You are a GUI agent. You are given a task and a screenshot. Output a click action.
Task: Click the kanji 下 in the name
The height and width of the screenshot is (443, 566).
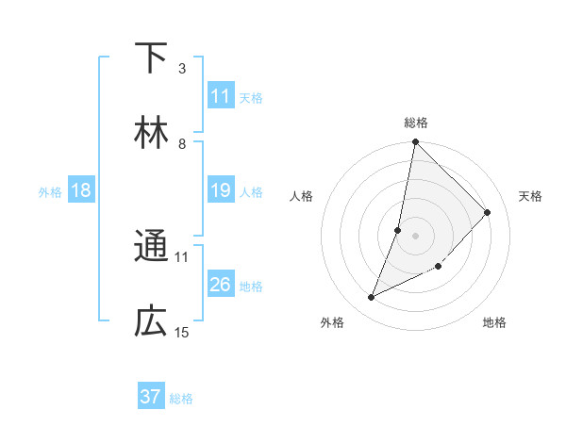tap(151, 58)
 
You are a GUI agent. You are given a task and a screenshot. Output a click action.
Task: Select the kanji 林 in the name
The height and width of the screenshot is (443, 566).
tap(151, 133)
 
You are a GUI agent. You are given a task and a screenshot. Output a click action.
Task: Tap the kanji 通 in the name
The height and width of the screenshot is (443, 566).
tap(151, 247)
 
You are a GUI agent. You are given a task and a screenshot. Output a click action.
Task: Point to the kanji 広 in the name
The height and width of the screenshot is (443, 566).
tap(151, 322)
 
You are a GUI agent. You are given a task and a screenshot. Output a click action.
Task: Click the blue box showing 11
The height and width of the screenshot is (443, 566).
tap(221, 96)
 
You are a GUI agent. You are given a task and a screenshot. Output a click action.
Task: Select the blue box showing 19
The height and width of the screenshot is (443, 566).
tap(221, 190)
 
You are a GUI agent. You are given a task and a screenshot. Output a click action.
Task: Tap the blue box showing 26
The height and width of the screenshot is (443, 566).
tap(221, 285)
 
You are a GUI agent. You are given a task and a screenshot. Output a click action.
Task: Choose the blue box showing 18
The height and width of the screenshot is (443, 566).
tap(81, 190)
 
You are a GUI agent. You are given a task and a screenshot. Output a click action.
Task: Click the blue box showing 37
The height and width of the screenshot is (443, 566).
tap(151, 397)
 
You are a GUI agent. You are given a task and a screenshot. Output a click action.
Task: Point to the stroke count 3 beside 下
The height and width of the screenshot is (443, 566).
tap(181, 68)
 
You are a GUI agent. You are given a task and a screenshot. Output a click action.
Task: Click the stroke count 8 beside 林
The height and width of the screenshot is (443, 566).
tap(181, 143)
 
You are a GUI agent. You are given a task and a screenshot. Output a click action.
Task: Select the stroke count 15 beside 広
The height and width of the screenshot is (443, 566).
tap(182, 332)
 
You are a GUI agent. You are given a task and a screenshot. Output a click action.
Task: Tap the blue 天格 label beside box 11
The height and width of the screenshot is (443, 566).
tap(251, 97)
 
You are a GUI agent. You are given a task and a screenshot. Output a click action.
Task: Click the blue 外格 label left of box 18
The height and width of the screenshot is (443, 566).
tap(50, 191)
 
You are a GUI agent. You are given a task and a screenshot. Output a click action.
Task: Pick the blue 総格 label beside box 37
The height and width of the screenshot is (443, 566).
tap(181, 398)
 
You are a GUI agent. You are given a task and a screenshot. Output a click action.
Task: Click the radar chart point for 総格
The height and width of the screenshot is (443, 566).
tap(415, 142)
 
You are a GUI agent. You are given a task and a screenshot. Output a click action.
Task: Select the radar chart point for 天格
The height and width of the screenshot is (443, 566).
tap(488, 212)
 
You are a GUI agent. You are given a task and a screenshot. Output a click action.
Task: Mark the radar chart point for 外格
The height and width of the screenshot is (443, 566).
tap(372, 298)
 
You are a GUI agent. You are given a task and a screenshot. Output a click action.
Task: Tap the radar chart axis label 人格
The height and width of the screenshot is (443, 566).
tap(302, 196)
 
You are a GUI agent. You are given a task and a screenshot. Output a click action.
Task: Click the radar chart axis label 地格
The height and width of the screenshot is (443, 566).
tap(494, 322)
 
